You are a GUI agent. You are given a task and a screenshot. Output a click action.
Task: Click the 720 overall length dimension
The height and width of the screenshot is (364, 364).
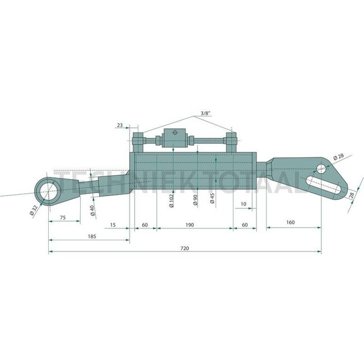point(185,247)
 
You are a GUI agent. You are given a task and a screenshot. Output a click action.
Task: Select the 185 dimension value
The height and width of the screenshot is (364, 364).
point(92,237)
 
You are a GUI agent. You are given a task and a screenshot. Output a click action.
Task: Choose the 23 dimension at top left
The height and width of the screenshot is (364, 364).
point(120,126)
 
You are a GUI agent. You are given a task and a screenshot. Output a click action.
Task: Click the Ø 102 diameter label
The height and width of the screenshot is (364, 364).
point(171,199)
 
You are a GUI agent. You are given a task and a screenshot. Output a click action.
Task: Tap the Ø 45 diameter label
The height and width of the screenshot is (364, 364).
point(211,199)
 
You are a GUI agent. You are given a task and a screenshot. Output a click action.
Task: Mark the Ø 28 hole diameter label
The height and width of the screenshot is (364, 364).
point(339,158)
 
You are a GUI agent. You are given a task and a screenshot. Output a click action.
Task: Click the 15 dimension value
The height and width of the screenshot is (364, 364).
point(113,225)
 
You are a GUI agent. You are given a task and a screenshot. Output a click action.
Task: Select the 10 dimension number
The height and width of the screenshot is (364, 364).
point(243,204)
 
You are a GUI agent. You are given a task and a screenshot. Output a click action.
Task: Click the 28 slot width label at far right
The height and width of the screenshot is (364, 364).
point(351,196)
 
